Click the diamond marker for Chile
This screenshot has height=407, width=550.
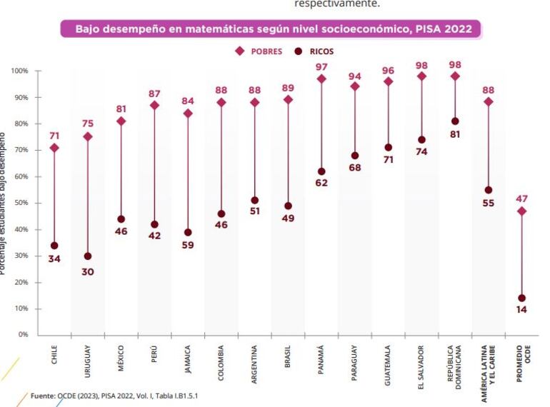point(54,148)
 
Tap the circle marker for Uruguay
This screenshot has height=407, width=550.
point(88,256)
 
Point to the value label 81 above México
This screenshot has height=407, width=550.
point(121,109)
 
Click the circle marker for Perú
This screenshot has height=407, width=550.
point(154,224)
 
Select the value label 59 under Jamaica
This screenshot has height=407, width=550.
point(188,245)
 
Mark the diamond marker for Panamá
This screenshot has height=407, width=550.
point(321,79)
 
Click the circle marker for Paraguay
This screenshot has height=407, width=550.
point(355,156)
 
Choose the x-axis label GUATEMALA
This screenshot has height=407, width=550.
point(389,354)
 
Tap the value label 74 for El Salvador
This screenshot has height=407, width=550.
point(421,151)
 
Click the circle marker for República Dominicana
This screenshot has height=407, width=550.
point(455,121)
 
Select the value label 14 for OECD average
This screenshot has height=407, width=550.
point(521,311)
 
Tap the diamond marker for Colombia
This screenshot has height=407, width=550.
point(221,102)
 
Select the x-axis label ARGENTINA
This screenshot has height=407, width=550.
point(255,355)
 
